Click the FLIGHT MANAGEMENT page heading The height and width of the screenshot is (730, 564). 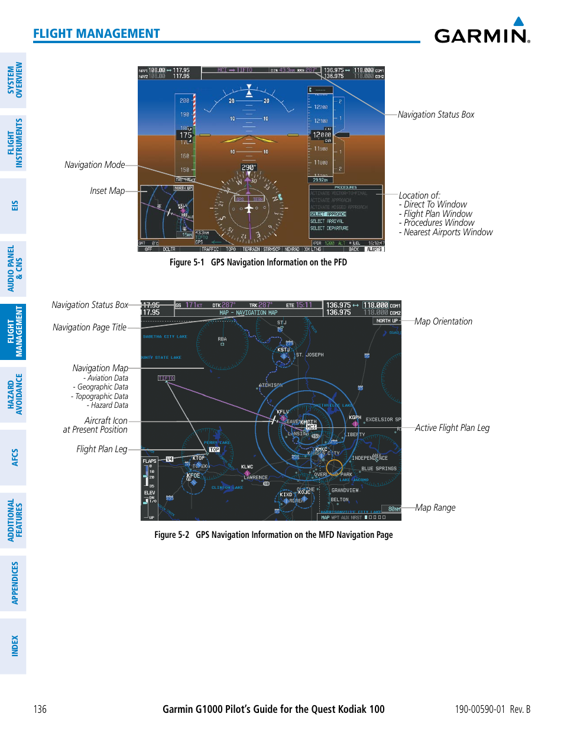pos(96,34)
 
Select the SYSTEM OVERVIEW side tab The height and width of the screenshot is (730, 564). pos(14,80)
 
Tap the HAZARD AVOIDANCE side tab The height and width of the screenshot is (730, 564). pos(14,394)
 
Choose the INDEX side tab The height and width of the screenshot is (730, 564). pos(14,646)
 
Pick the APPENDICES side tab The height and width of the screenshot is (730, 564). pos(14,583)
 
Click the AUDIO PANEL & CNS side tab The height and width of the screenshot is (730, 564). pos(14,269)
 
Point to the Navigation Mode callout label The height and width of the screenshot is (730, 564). pos(95,165)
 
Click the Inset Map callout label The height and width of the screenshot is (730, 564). pos(107,191)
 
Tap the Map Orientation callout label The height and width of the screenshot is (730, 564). pos(443,322)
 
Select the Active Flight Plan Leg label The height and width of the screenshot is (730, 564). pos(452,428)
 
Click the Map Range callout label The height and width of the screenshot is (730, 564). pos(435,508)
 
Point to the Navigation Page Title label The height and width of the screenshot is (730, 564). pos(89,327)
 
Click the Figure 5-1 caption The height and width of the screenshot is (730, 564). pos(258,262)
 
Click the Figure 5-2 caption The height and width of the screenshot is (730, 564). pos(273,535)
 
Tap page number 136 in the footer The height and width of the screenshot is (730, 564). pos(40,709)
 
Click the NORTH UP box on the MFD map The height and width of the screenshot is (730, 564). pos(387,321)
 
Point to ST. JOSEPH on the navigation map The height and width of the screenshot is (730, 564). pos(310,355)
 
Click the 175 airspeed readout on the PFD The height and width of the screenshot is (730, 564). pos(186,135)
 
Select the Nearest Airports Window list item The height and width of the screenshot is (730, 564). pos(448,232)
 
